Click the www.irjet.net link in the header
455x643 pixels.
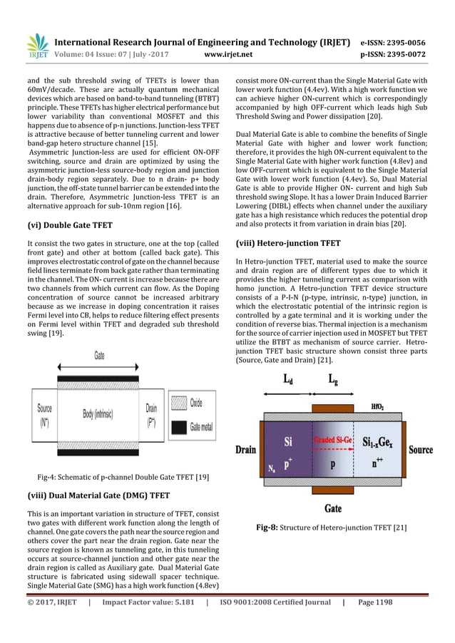227,53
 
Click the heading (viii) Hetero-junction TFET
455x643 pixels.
287,243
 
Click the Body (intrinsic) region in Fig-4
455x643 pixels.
99,413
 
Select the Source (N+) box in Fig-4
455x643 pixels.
44,413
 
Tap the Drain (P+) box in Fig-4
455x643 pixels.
152,413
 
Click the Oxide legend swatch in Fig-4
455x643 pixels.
178,403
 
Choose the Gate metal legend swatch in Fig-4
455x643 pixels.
178,426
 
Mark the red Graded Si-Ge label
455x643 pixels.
333,440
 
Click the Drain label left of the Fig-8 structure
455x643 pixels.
247,451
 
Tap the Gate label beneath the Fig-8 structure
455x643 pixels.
332,508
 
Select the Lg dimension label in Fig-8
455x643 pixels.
333,381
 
